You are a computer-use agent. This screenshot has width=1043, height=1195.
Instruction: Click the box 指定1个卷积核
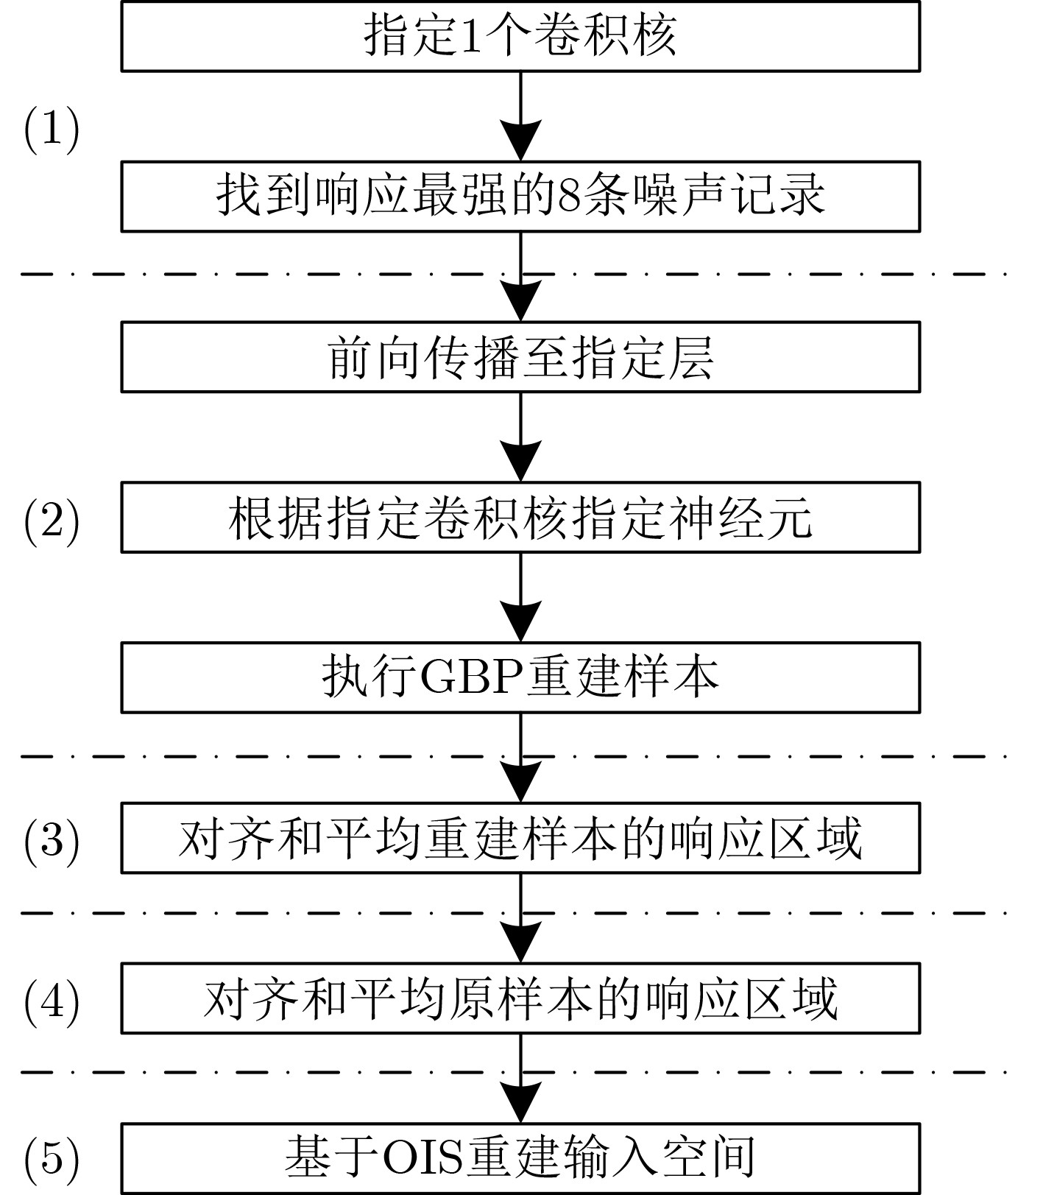pos(520,36)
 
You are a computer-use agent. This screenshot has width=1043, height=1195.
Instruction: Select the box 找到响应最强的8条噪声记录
pos(520,197)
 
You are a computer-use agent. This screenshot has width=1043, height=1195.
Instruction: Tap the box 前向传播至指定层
pos(520,357)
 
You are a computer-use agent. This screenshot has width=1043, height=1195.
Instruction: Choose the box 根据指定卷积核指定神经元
pos(520,518)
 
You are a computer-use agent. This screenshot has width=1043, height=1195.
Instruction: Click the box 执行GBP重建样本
pos(520,678)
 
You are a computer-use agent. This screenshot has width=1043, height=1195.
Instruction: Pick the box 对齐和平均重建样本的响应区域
pos(520,839)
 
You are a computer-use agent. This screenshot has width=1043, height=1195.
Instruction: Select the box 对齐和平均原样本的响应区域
pos(520,998)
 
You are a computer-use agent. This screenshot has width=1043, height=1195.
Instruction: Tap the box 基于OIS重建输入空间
pos(520,1158)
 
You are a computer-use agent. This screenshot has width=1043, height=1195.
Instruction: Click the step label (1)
pos(52,130)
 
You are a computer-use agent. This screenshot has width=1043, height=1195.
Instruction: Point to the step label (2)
pos(52,522)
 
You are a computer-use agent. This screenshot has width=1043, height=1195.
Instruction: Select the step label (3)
pos(52,839)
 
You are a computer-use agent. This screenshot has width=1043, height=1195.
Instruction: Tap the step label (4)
pos(52,1000)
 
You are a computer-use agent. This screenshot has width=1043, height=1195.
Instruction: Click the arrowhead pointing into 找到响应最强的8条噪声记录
pos(520,141)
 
